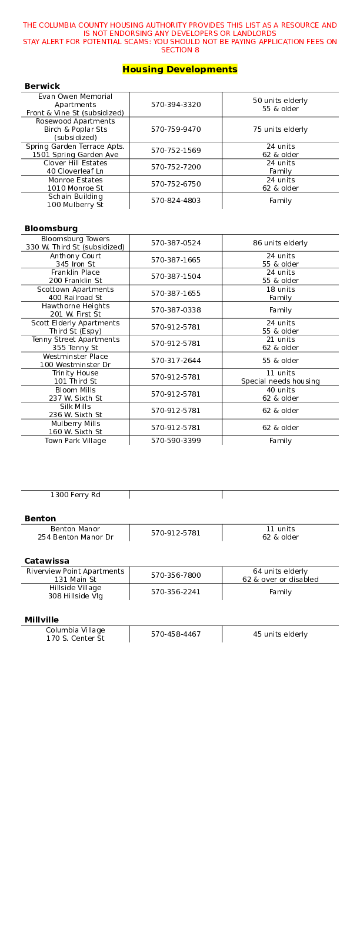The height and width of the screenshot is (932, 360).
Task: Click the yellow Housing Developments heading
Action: pos(179,69)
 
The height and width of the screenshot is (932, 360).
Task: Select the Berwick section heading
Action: pos(42,86)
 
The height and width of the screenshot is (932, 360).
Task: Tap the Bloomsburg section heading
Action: pos(51,228)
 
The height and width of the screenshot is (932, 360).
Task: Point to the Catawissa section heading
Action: pos(47,561)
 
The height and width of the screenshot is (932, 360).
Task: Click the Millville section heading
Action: pos(42,620)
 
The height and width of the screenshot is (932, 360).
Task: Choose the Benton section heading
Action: pos(41,518)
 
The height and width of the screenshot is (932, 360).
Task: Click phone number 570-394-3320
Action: pos(176,105)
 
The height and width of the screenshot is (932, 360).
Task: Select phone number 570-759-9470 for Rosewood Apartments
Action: pos(176,129)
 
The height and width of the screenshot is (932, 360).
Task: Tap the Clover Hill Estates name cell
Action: pos(75,167)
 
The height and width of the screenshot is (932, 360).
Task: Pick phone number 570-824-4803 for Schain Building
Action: pos(176,201)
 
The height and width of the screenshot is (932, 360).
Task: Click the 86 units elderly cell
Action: pos(281,243)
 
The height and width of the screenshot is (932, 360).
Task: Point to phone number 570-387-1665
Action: pos(176,260)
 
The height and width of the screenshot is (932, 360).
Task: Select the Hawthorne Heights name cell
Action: pos(75,310)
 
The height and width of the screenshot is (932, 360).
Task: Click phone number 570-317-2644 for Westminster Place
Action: pos(176,361)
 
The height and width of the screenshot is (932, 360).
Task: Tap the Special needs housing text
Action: pos(281,381)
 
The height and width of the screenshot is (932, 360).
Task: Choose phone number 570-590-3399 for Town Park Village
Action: pos(176,441)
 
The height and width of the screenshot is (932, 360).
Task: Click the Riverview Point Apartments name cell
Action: pos(75,575)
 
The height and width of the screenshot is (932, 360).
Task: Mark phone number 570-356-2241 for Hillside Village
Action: pos(176,592)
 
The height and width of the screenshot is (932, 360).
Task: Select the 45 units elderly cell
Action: pos(281,634)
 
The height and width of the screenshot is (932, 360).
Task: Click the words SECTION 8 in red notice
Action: pos(180,50)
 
